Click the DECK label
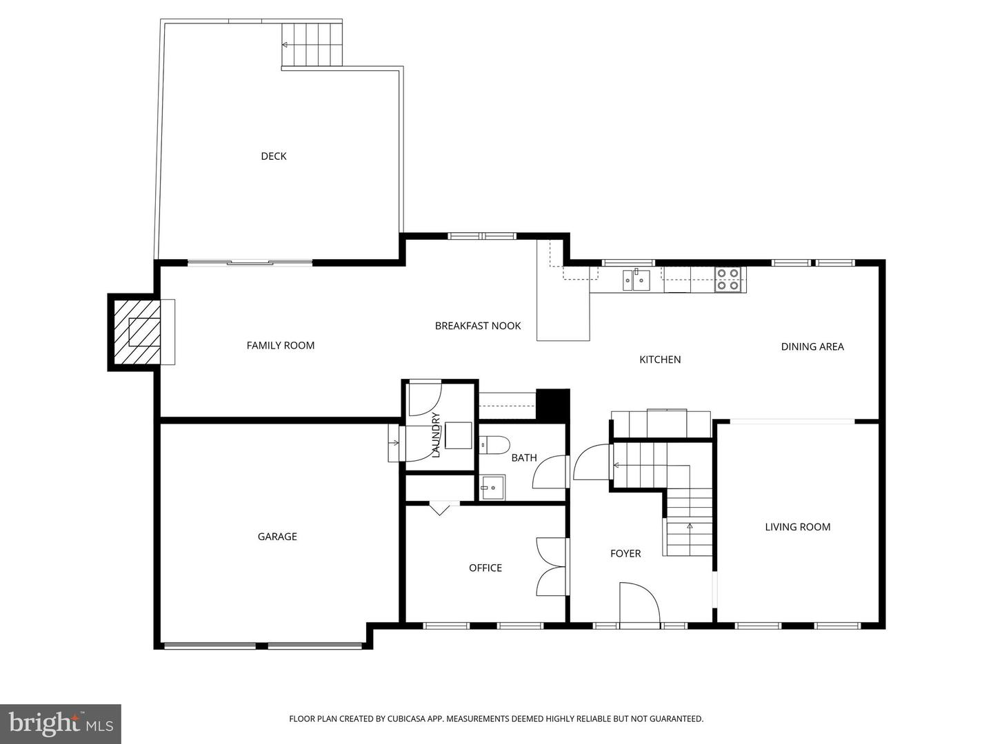point(273,156)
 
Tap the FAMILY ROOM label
point(280,346)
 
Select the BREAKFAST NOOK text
point(477,326)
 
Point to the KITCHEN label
point(659,360)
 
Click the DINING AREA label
point(812,347)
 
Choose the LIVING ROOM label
point(797,527)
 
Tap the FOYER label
point(625,554)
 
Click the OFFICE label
point(485,568)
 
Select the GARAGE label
point(277,537)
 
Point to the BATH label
point(523,457)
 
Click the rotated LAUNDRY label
point(435,435)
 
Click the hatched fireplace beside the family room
point(136,332)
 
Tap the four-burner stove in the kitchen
point(728,280)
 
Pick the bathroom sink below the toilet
point(492,488)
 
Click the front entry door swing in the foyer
point(639,603)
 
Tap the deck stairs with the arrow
point(312,44)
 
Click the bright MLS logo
point(61,723)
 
